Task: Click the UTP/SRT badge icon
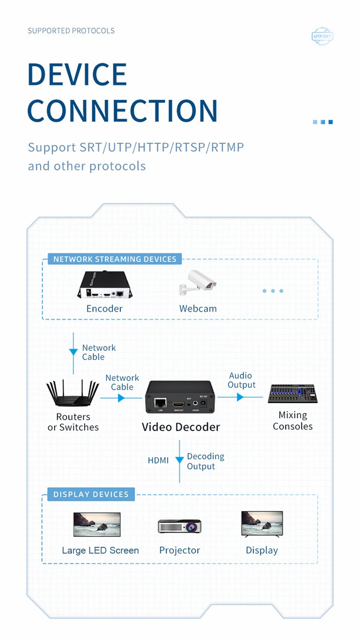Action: (322, 36)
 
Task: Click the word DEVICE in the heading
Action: (77, 75)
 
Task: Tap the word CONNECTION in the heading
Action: (122, 110)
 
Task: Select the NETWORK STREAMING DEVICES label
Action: (115, 259)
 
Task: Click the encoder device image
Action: (103, 285)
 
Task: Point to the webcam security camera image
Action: (197, 284)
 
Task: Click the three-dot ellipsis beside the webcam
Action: (273, 291)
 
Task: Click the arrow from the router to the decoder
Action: (121, 398)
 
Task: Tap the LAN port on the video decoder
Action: (159, 402)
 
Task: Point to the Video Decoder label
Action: (181, 427)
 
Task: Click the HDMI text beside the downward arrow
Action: (158, 460)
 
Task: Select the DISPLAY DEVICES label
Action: (91, 494)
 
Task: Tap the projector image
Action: (180, 526)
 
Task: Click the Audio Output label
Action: (241, 380)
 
